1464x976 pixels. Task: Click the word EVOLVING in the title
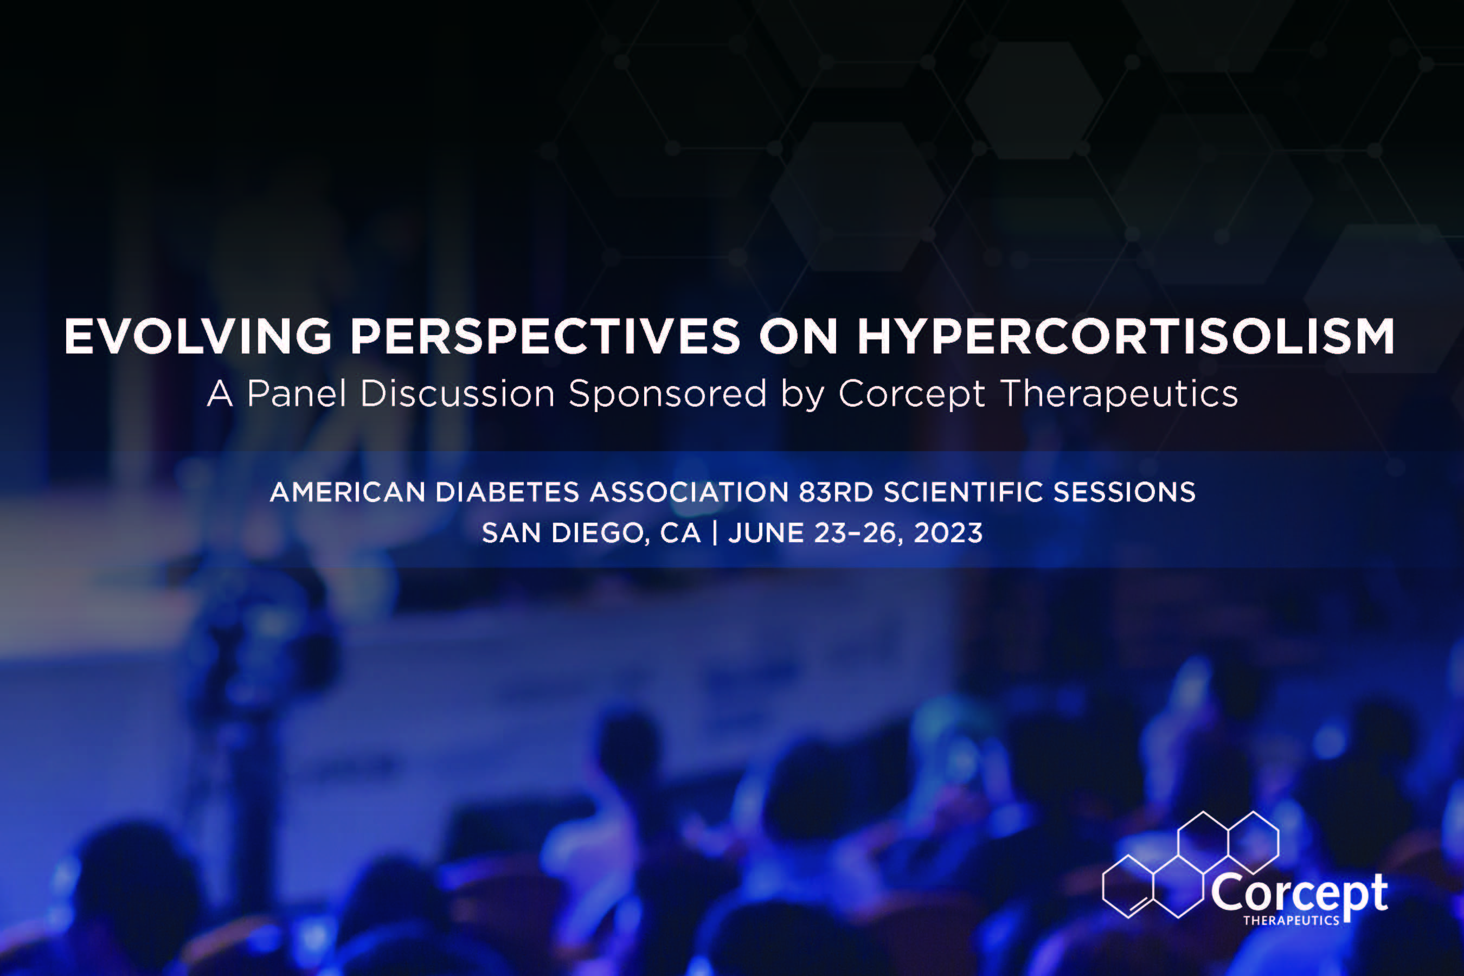(198, 337)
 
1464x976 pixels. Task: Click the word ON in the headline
(799, 337)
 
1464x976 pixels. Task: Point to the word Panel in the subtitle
(296, 394)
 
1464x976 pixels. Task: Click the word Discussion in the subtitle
(458, 394)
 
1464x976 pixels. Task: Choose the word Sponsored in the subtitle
(667, 394)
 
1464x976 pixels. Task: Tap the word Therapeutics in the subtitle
(1120, 394)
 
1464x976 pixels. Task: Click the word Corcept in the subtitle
(912, 394)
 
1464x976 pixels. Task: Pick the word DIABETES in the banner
(508, 492)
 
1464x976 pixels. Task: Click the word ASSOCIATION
(690, 492)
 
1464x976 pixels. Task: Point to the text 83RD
(837, 492)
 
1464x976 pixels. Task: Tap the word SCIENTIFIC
(964, 492)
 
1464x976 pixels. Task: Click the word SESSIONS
(1124, 492)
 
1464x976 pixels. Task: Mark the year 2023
(948, 534)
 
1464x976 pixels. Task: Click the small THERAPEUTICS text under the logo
(1292, 920)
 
